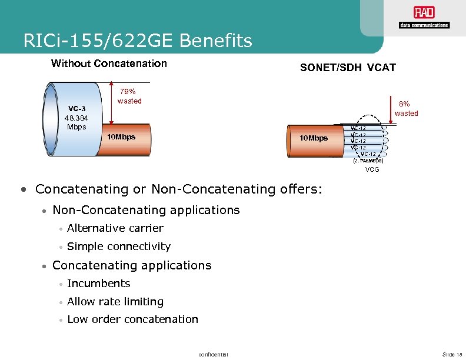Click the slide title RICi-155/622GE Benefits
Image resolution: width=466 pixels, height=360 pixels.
138,41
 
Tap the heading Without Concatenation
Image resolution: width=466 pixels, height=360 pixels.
109,64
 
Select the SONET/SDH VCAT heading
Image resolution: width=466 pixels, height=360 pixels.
348,68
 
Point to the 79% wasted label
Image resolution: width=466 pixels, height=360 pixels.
129,96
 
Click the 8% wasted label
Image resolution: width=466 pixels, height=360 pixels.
406,109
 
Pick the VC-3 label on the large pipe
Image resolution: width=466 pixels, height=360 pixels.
76,108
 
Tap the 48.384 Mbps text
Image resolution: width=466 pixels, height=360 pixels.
76,122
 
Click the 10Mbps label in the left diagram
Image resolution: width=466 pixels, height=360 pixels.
121,137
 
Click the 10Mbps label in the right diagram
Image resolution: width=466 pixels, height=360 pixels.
314,138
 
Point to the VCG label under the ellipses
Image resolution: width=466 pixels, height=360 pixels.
372,169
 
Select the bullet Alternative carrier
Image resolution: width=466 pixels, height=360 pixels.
115,228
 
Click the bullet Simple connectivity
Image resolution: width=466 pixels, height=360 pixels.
119,246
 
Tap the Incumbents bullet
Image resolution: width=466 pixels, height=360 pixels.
99,284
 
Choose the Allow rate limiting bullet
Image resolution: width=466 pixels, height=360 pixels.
115,302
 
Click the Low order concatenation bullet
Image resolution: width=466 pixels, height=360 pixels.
132,319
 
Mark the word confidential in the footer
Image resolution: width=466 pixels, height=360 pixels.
214,354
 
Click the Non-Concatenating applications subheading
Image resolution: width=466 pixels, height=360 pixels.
146,210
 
